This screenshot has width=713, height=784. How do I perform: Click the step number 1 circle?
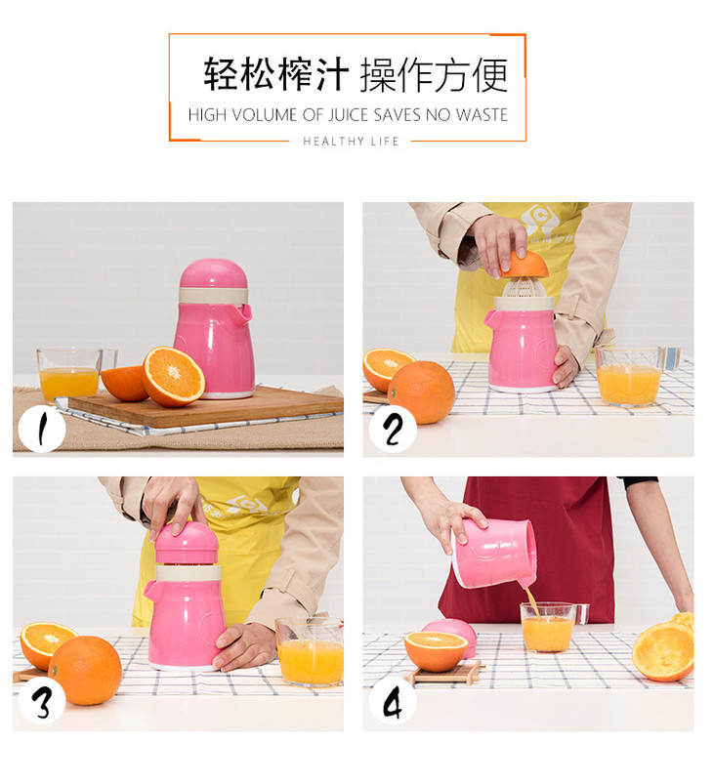tap(42, 429)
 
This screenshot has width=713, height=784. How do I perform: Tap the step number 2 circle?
tap(393, 430)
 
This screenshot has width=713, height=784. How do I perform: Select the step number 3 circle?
tap(42, 703)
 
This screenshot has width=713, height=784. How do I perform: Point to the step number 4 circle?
tap(393, 703)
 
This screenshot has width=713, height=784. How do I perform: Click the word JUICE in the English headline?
tap(349, 115)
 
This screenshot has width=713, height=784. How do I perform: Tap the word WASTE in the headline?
tap(482, 115)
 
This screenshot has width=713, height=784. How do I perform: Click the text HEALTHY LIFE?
tap(351, 142)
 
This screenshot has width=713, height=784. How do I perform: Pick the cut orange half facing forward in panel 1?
tap(173, 376)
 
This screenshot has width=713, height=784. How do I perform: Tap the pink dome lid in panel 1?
tap(214, 273)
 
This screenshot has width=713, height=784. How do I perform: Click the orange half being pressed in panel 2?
tap(524, 264)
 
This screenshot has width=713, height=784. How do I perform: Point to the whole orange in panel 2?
tap(422, 392)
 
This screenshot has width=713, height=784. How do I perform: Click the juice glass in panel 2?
tap(630, 376)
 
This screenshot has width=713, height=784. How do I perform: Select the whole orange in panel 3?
tap(85, 670)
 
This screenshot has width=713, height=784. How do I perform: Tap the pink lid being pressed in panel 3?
tap(188, 542)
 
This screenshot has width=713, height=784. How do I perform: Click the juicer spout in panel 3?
tap(150, 588)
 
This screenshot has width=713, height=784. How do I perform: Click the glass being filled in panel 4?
tap(549, 628)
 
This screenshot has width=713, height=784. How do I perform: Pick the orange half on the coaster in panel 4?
tap(436, 651)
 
